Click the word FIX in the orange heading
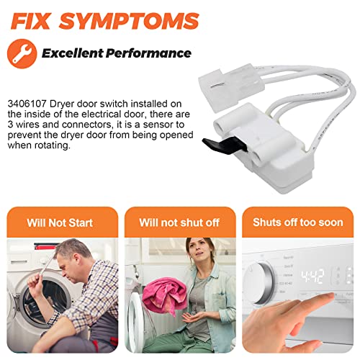pyautogui.click(x=30, y=21)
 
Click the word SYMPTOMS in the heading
pyautogui.click(x=130, y=21)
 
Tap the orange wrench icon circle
pyautogui.click(x=22, y=54)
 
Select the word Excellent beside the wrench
pyautogui.click(x=72, y=53)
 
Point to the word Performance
pyautogui.click(x=148, y=53)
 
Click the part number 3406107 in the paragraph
pyautogui.click(x=27, y=104)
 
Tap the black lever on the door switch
pyautogui.click(x=224, y=145)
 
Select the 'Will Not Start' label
pyautogui.click(x=60, y=222)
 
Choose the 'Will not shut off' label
pyautogui.click(x=179, y=222)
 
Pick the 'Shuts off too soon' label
pyautogui.click(x=298, y=222)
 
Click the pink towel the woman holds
pyautogui.click(x=164, y=295)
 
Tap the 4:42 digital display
pyautogui.click(x=312, y=276)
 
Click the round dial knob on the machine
pyautogui.click(x=259, y=283)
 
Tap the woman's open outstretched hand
pyautogui.click(x=192, y=318)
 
